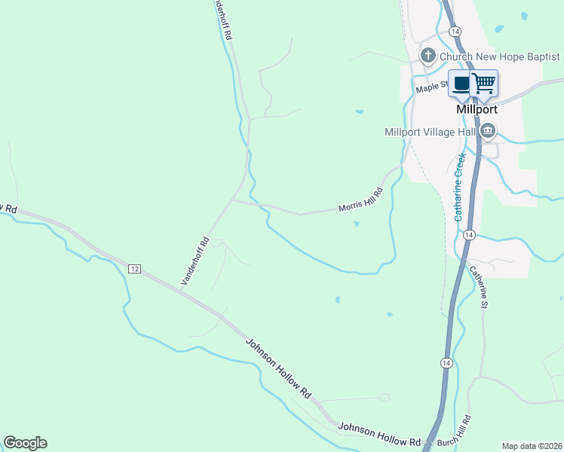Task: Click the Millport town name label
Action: tap(477, 108)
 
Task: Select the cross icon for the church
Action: tap(428, 55)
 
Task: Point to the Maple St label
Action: tap(432, 88)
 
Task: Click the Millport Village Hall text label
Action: tap(430, 132)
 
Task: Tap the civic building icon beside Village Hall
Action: tap(488, 132)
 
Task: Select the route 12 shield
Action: tap(135, 269)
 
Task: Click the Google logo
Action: tap(25, 443)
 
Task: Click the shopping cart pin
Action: tap(484, 83)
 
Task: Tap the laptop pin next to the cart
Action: tap(461, 83)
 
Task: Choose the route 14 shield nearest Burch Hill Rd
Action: tap(447, 363)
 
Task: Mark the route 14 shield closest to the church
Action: tap(454, 32)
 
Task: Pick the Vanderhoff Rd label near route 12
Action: tap(195, 261)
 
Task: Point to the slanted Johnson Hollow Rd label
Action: tap(278, 368)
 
